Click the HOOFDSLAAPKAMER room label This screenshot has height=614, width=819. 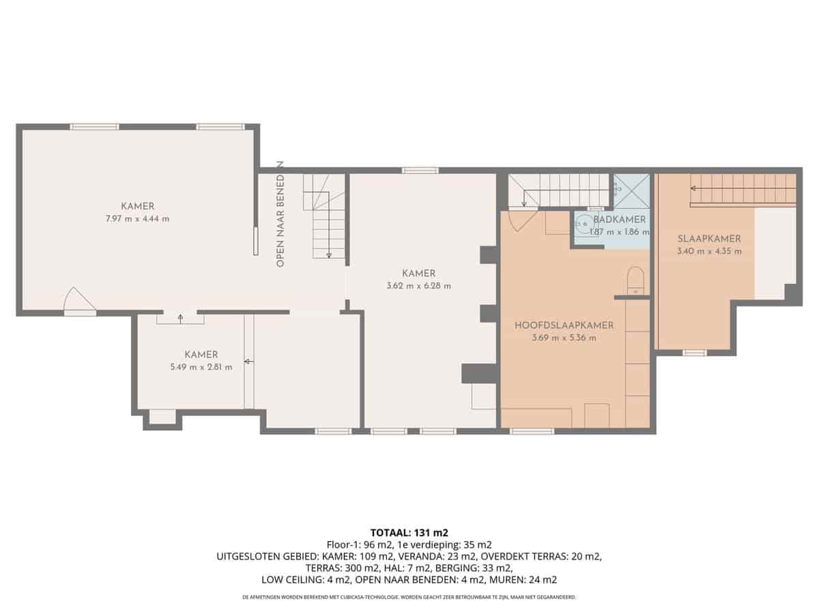[x=564, y=325]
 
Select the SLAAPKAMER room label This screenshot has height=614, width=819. [x=709, y=239]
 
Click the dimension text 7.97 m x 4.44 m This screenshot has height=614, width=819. [x=137, y=219]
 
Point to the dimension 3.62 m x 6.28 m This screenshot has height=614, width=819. [x=418, y=286]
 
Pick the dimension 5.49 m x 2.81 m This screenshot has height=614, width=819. [x=201, y=367]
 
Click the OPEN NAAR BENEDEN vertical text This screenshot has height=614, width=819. [x=280, y=214]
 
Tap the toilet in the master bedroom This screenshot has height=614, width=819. [x=635, y=280]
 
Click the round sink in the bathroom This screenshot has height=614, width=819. [x=584, y=223]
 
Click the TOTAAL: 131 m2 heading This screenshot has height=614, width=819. [x=409, y=532]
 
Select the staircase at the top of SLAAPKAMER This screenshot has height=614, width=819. [x=743, y=189]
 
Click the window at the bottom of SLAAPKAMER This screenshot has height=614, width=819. [x=694, y=353]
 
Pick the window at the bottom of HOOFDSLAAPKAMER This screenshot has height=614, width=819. [x=532, y=431]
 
